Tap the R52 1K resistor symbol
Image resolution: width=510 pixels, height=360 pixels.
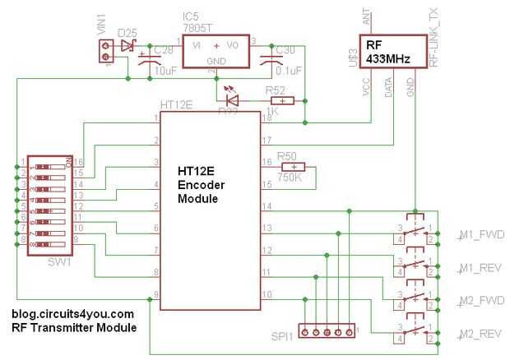(x=281, y=102)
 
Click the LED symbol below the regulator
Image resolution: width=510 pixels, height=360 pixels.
(x=232, y=101)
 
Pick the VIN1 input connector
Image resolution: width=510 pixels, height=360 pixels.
(x=105, y=53)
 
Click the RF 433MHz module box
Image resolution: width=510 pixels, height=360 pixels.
(x=391, y=51)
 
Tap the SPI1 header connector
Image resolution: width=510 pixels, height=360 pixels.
(x=327, y=332)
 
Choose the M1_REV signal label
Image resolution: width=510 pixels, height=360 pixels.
(x=475, y=269)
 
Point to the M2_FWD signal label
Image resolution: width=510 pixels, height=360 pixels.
(x=475, y=300)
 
